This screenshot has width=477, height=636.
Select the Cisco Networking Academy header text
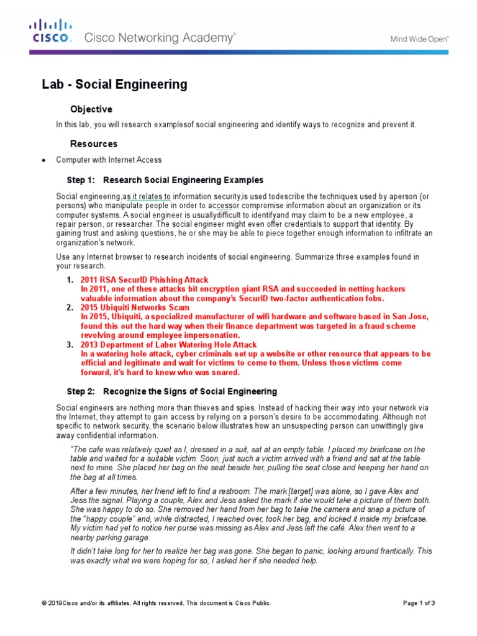pos(160,38)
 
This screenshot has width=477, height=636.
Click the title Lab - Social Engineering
pos(114,84)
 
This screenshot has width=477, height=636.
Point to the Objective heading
pos(91,109)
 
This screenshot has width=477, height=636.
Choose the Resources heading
pos(94,144)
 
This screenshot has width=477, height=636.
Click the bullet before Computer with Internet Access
pos(43,160)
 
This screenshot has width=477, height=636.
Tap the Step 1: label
pos(81,180)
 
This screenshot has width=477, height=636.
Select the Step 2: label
pos(81,392)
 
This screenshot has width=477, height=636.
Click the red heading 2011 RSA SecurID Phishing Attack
pos(144,280)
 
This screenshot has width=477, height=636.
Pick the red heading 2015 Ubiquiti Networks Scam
pos(135,307)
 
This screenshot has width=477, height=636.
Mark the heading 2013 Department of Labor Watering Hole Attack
pos(168,345)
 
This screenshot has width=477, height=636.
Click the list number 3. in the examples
pos(71,345)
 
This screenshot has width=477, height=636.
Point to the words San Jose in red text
pos(411,317)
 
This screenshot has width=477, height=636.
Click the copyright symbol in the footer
pos(43,603)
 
